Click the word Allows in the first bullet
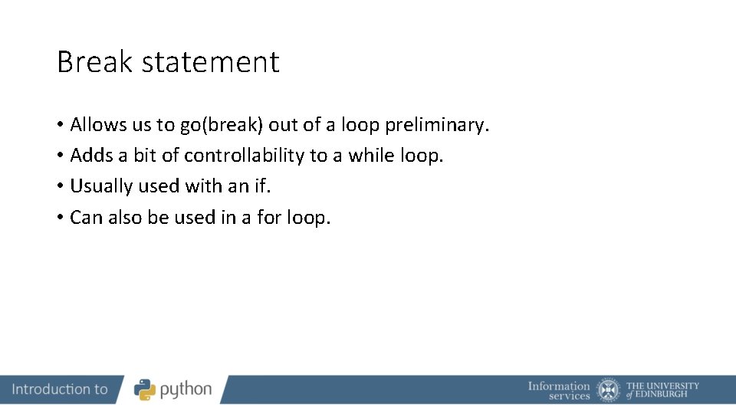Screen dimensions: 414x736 click(97, 124)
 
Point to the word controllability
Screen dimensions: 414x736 click(244, 156)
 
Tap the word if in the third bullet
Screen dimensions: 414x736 click(262, 186)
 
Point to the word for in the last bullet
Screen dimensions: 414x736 click(269, 218)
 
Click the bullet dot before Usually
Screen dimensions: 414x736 click(60, 187)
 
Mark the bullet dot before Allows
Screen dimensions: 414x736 click(60, 125)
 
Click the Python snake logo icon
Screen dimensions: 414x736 click(145, 389)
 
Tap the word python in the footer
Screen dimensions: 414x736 click(186, 390)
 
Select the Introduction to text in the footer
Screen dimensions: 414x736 click(60, 389)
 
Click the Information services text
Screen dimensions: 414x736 click(559, 390)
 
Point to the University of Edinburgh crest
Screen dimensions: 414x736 click(609, 389)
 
